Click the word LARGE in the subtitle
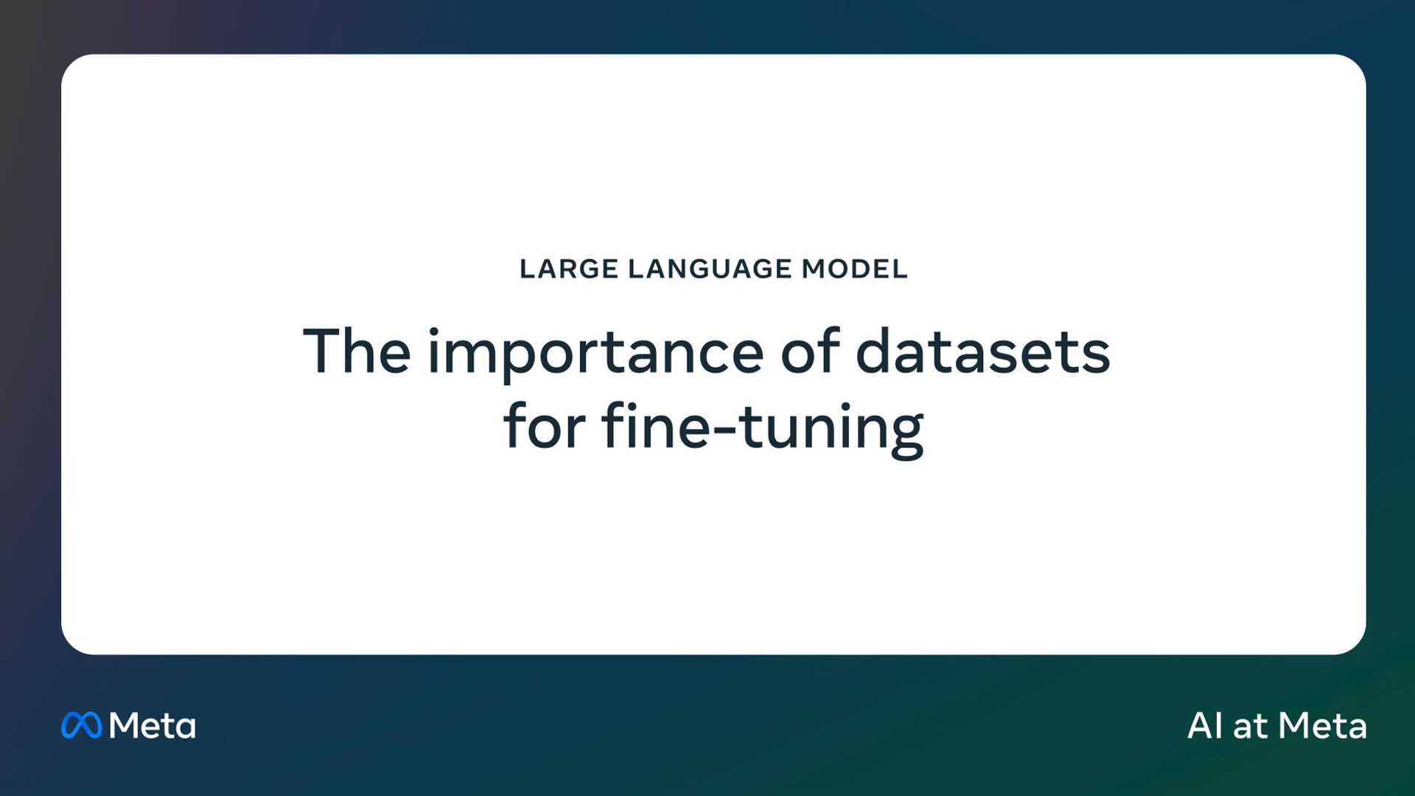click(x=568, y=269)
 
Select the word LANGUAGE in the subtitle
click(x=710, y=269)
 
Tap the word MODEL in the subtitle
click(x=854, y=269)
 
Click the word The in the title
click(x=357, y=352)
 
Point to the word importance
click(x=595, y=354)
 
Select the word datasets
click(x=982, y=352)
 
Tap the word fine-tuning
click(x=763, y=427)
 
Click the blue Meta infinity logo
click(x=81, y=725)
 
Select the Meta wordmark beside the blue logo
click(x=153, y=726)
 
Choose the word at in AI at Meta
click(x=1250, y=727)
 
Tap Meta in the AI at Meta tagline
click(x=1322, y=726)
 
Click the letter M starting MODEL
click(x=814, y=269)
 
